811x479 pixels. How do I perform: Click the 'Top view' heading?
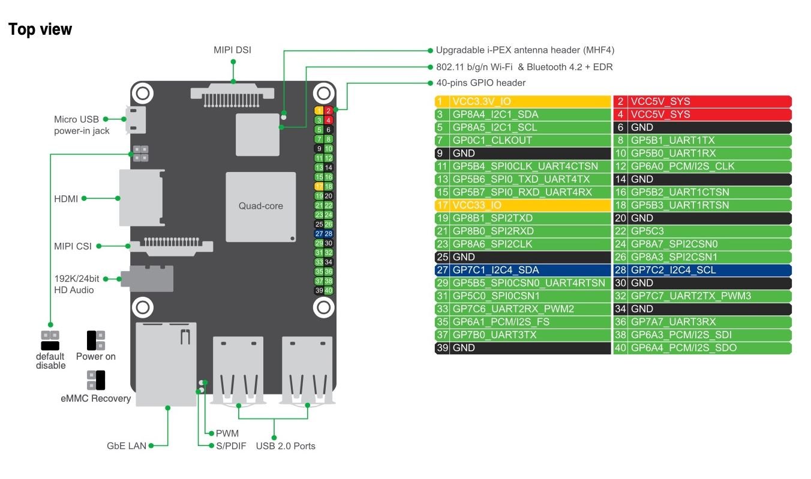tap(40, 29)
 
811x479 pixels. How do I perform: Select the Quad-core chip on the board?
tap(260, 206)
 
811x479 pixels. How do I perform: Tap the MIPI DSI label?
tap(232, 50)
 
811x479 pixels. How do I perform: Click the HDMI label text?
tap(66, 198)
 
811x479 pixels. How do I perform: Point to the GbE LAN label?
tap(126, 446)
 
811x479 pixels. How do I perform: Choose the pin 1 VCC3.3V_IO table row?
tap(522, 101)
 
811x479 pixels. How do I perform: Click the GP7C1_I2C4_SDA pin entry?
tap(522, 270)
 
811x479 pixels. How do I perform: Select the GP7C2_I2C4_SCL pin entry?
tap(702, 270)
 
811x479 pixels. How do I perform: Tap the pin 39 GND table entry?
tap(522, 348)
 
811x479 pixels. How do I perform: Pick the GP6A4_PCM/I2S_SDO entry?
tap(702, 348)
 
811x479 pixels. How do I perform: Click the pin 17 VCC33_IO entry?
tap(522, 205)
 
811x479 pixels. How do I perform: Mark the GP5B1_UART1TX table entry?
tap(702, 140)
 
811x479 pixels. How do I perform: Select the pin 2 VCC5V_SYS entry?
tap(702, 101)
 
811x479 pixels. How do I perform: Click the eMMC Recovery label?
tap(95, 399)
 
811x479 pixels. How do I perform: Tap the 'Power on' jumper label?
tap(96, 357)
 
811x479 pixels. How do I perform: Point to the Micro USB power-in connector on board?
tap(136, 120)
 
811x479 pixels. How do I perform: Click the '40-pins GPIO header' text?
tap(480, 83)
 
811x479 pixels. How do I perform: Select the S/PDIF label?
tap(227, 446)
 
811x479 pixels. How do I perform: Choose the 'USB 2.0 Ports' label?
tap(286, 446)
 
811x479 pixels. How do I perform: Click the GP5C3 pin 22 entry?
tap(702, 231)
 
